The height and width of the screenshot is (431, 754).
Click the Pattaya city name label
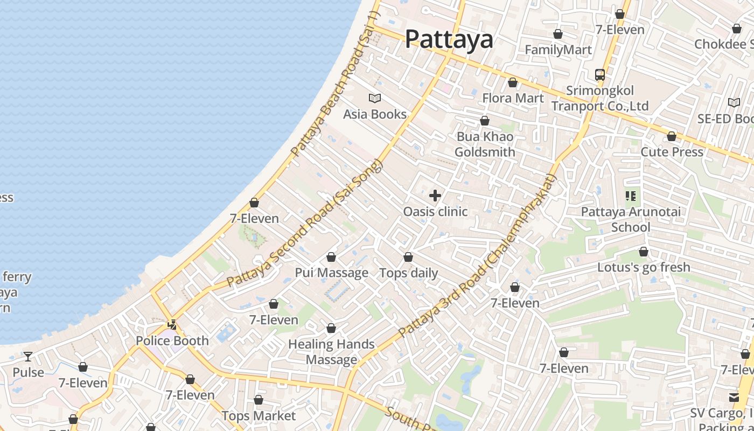[x=449, y=39]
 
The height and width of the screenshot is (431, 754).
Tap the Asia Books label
[x=375, y=114]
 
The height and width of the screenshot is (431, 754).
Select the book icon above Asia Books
[x=375, y=98]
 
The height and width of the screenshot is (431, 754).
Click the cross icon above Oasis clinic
[x=435, y=196]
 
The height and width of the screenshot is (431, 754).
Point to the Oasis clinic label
[x=435, y=212]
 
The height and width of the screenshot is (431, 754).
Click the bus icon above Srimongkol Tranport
[x=600, y=74]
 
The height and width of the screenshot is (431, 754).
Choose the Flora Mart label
[x=513, y=98]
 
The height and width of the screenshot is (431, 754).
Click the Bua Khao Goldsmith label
[x=485, y=144]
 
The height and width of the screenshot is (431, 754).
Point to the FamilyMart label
[x=558, y=50]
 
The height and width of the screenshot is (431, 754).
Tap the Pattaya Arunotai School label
[x=630, y=219]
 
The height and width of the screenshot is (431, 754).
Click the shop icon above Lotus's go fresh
[x=643, y=252]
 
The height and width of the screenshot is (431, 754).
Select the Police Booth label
[x=172, y=340]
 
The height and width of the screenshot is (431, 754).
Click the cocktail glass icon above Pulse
[x=28, y=357]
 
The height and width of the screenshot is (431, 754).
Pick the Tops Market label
[x=259, y=416]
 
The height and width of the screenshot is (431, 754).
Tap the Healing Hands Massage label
[x=331, y=352]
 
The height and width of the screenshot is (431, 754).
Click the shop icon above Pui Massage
[x=331, y=257]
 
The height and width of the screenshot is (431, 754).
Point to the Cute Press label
[x=672, y=152]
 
